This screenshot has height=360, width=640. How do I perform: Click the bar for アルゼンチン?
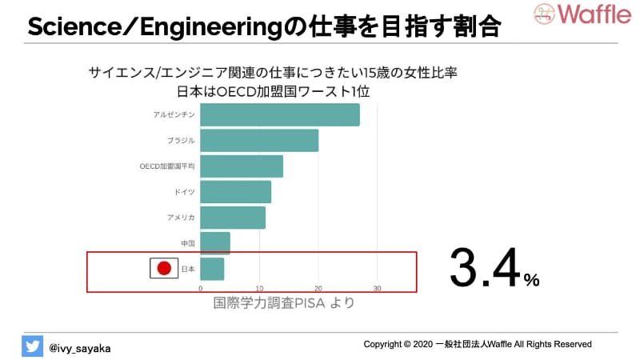pyautogui.click(x=279, y=114)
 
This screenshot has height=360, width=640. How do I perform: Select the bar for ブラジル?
pyautogui.click(x=259, y=140)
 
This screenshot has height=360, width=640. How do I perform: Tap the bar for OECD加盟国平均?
pyautogui.click(x=242, y=166)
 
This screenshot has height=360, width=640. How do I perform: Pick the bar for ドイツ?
pyautogui.click(x=235, y=192)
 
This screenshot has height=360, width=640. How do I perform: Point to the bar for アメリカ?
pyautogui.click(x=232, y=218)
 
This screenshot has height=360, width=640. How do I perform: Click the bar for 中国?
pyautogui.click(x=214, y=243)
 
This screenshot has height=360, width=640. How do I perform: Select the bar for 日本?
pyautogui.click(x=212, y=269)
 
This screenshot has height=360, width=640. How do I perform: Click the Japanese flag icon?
pyautogui.click(x=164, y=269)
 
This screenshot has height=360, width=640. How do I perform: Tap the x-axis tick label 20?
pyautogui.click(x=318, y=289)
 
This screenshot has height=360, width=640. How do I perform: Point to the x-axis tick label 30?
pyautogui.click(x=378, y=289)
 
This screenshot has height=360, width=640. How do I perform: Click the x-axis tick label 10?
pyautogui.click(x=259, y=289)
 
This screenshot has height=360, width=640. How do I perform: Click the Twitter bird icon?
pyautogui.click(x=32, y=346)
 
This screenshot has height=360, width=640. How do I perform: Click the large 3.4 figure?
pyautogui.click(x=486, y=268)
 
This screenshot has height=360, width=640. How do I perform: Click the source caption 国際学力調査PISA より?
pyautogui.click(x=283, y=303)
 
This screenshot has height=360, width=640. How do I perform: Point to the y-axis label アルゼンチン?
pyautogui.click(x=174, y=114)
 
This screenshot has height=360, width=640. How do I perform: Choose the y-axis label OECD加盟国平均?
pyautogui.click(x=167, y=166)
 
